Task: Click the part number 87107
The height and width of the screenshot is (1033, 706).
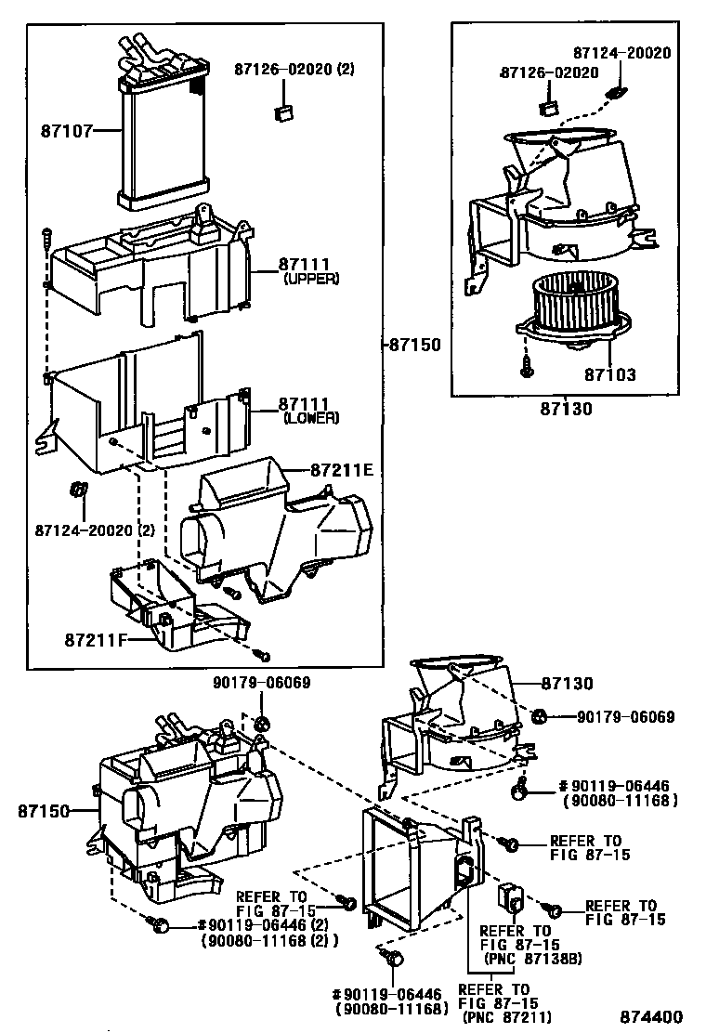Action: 66,131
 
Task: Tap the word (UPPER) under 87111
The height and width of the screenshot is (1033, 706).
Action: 311,279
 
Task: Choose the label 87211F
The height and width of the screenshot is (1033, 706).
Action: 96,640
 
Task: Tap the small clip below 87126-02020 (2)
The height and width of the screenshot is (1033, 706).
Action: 283,113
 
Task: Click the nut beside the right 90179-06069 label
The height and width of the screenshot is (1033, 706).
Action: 540,716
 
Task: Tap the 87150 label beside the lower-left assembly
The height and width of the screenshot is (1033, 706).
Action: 43,811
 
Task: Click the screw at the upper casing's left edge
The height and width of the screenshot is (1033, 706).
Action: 45,237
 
